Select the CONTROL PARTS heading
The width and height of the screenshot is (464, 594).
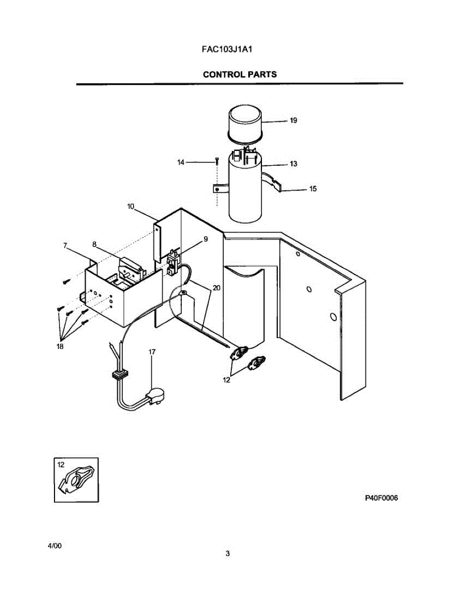240,75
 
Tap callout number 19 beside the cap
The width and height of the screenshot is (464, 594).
293,120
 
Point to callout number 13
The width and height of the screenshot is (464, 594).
293,164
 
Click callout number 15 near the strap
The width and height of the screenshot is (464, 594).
312,189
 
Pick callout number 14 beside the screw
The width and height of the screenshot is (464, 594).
181,162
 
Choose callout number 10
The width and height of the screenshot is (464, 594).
130,206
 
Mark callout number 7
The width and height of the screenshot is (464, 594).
94,244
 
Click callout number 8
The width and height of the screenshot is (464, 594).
206,239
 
